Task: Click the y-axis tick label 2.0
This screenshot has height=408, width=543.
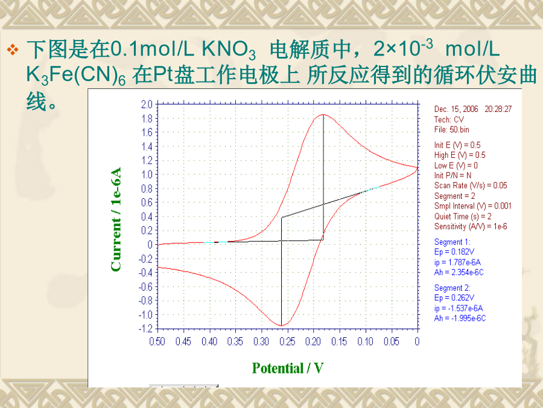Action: [x=147, y=104]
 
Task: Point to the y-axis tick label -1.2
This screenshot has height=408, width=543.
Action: [x=145, y=328]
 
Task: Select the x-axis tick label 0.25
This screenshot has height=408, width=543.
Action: [x=287, y=342]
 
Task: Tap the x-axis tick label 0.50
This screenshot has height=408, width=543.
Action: [x=157, y=342]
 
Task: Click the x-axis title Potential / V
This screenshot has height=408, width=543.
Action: [x=287, y=368]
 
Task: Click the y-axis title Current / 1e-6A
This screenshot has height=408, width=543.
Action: [x=116, y=219]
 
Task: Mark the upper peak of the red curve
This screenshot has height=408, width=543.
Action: [x=323, y=114]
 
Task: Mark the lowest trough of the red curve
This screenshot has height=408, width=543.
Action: [x=282, y=325]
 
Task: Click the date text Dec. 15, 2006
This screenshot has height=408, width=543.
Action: [x=456, y=109]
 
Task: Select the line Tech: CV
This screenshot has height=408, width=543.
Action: [x=449, y=119]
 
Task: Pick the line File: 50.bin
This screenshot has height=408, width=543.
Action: [x=451, y=130]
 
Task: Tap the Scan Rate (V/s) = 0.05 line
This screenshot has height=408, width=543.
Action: [x=471, y=186]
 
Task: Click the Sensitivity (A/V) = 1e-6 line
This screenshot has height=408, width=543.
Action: [x=471, y=227]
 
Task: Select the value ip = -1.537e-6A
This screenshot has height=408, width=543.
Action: [x=459, y=308]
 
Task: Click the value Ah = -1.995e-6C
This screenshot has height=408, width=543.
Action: [x=460, y=318]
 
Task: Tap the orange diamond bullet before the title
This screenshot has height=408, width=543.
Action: [x=13, y=50]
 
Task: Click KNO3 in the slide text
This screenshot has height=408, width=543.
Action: [x=229, y=50]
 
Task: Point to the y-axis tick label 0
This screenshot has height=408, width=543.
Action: [x=150, y=245]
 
